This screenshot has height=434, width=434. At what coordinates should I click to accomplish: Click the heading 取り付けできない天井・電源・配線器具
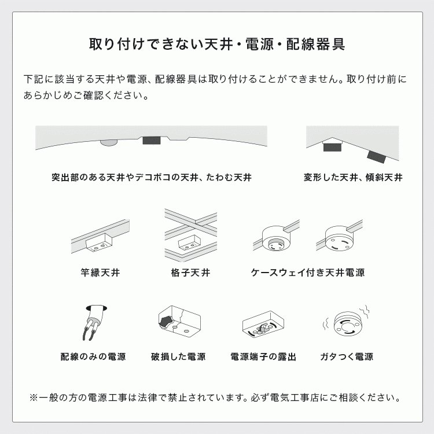[x=217, y=45]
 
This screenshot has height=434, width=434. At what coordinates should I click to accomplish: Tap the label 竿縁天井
[x=100, y=272]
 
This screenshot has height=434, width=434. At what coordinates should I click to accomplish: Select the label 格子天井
[x=190, y=272]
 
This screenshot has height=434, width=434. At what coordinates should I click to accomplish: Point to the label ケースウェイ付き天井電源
[x=308, y=272]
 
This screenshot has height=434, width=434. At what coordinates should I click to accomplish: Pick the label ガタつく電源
[x=347, y=356]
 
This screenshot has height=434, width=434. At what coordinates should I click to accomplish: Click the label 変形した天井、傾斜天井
[x=353, y=178]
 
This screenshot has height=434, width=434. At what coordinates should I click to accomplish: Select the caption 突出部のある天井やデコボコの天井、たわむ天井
[x=152, y=178]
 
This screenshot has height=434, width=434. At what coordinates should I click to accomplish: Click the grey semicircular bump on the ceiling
[x=108, y=141]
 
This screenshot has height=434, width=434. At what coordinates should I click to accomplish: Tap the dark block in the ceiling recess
[x=152, y=141]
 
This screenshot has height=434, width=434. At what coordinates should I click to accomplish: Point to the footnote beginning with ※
[x=215, y=398]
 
